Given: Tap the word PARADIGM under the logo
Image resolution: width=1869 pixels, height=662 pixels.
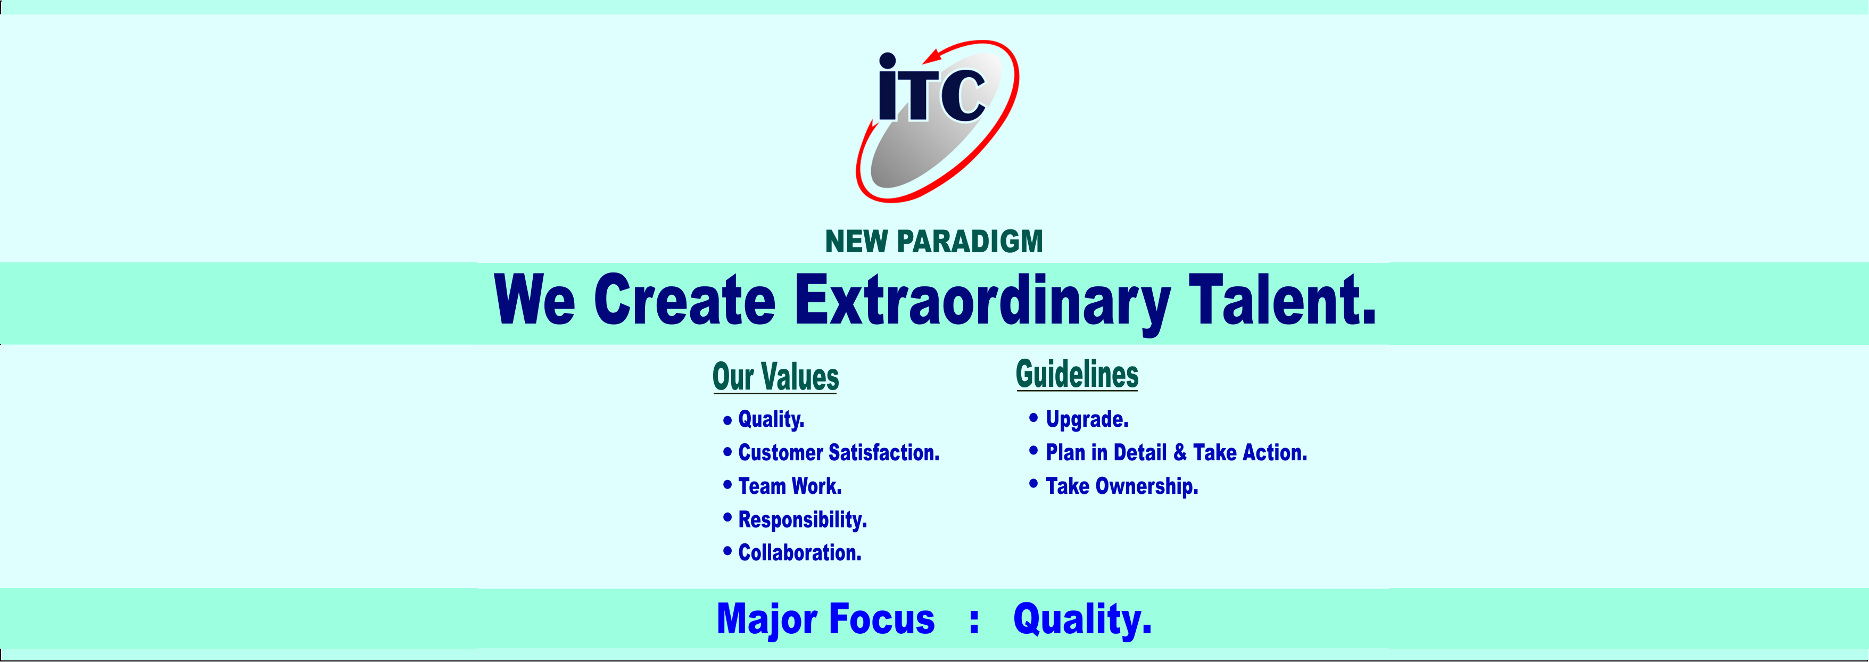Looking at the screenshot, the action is [x=970, y=242].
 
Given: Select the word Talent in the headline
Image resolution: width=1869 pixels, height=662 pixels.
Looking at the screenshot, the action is [x=1281, y=300].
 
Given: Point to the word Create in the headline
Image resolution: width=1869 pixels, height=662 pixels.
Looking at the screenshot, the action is [x=685, y=300].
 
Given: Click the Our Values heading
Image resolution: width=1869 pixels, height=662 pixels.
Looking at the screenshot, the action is [x=775, y=377].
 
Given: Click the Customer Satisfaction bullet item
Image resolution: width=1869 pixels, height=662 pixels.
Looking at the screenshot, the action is [x=839, y=452].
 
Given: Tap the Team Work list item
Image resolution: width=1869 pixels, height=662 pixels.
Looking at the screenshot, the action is [x=789, y=486].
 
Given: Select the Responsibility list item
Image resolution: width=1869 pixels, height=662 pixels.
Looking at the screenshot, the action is [x=803, y=520].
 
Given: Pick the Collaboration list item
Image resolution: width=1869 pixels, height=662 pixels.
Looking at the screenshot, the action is [x=799, y=552].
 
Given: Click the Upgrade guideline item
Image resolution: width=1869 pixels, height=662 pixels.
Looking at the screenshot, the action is [x=1087, y=419].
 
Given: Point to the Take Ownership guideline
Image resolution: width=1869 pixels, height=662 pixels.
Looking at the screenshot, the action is [x=1122, y=486].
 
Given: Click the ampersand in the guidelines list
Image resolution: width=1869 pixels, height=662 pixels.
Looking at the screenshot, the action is [x=1180, y=453].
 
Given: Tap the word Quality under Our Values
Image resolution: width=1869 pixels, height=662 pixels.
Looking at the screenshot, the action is [x=771, y=419].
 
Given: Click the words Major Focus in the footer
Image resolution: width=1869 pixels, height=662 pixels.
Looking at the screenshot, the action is [x=825, y=620].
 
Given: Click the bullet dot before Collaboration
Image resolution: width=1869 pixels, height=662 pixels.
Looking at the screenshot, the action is [x=727, y=552].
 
